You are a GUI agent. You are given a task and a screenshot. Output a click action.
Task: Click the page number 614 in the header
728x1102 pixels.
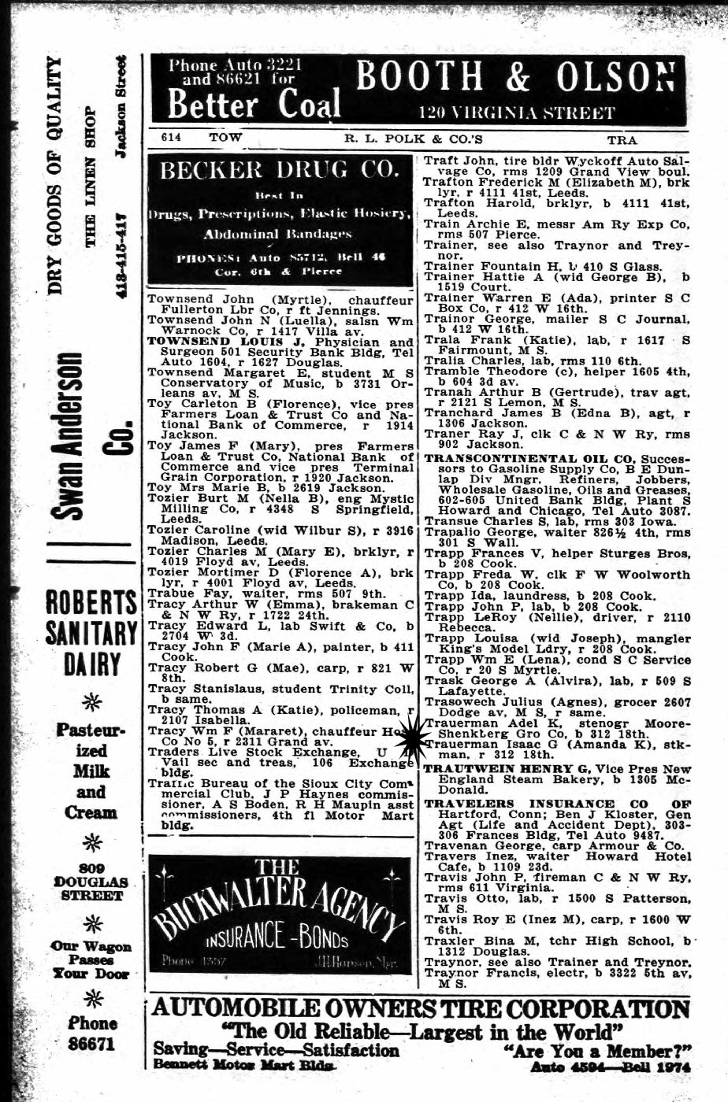click(x=172, y=137)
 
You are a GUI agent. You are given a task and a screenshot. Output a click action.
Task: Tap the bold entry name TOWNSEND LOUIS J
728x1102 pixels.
click(x=210, y=342)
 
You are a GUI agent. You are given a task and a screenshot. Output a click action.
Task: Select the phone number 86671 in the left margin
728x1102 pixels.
click(x=92, y=1045)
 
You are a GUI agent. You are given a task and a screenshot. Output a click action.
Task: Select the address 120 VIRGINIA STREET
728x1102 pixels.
click(x=516, y=113)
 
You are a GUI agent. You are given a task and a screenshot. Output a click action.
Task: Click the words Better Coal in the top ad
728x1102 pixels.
click(x=254, y=104)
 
